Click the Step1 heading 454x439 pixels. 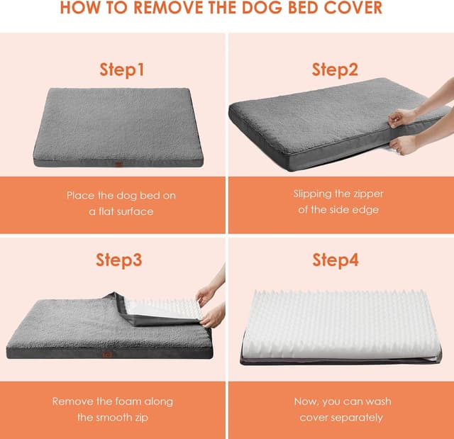121,70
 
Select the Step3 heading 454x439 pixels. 119,260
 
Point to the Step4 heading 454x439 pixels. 336,260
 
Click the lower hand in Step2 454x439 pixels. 404,145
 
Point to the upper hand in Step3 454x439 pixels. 206,294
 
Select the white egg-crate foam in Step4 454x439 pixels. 340,323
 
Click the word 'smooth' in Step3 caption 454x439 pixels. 116,417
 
